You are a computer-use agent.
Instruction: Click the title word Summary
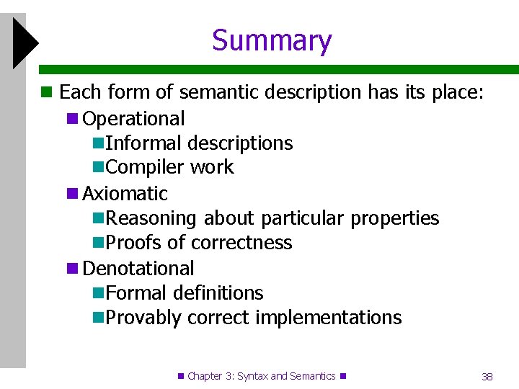272,41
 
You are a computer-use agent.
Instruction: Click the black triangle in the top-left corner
23,43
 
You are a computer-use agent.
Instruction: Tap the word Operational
134,118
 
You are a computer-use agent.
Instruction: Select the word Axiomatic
125,193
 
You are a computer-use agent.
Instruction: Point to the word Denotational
138,268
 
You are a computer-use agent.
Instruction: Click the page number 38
487,377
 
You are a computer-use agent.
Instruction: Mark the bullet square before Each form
47,92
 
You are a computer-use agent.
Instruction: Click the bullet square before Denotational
71,269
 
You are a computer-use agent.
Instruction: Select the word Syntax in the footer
252,376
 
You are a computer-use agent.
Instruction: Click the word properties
396,218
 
